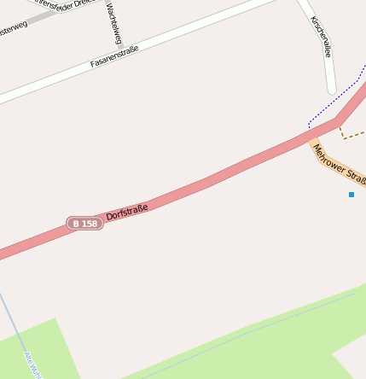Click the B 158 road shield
84,224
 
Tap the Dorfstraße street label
127,211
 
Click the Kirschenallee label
321,37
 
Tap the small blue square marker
351,195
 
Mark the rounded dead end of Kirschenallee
332,89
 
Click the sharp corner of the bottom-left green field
55,319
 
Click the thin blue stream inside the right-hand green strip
256,329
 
